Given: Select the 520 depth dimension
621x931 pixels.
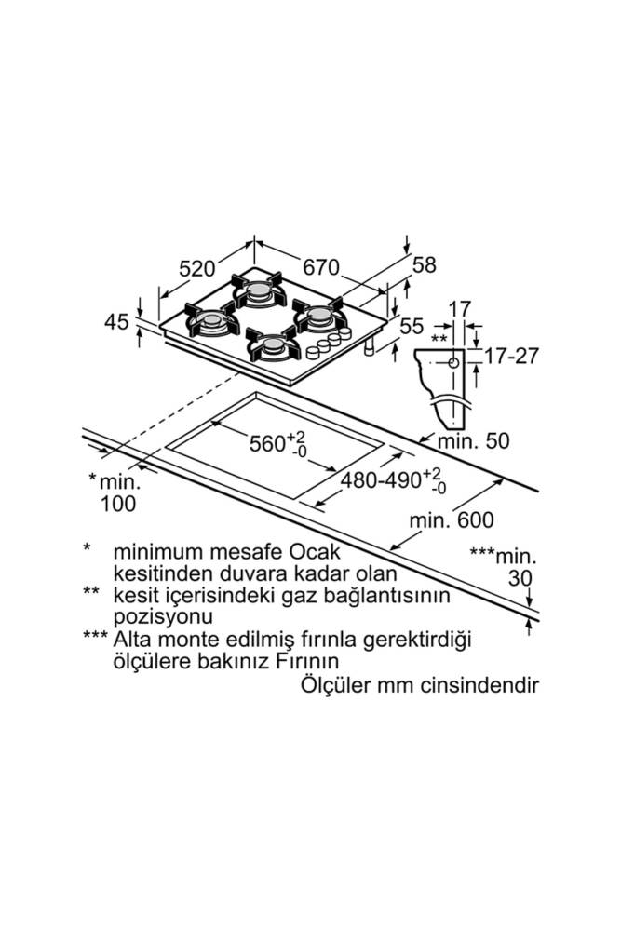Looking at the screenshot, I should [197, 268].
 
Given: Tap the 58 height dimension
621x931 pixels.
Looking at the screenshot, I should [424, 265].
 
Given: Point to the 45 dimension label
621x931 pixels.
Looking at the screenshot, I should [116, 322].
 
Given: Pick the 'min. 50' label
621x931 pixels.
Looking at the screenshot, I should [477, 440].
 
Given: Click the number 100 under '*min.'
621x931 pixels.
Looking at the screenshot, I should [116, 504].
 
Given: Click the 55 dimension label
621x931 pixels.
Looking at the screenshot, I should [412, 326].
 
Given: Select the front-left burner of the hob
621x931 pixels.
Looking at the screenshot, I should [212, 322].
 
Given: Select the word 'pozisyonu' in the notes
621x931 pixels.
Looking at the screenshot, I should [162, 616].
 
